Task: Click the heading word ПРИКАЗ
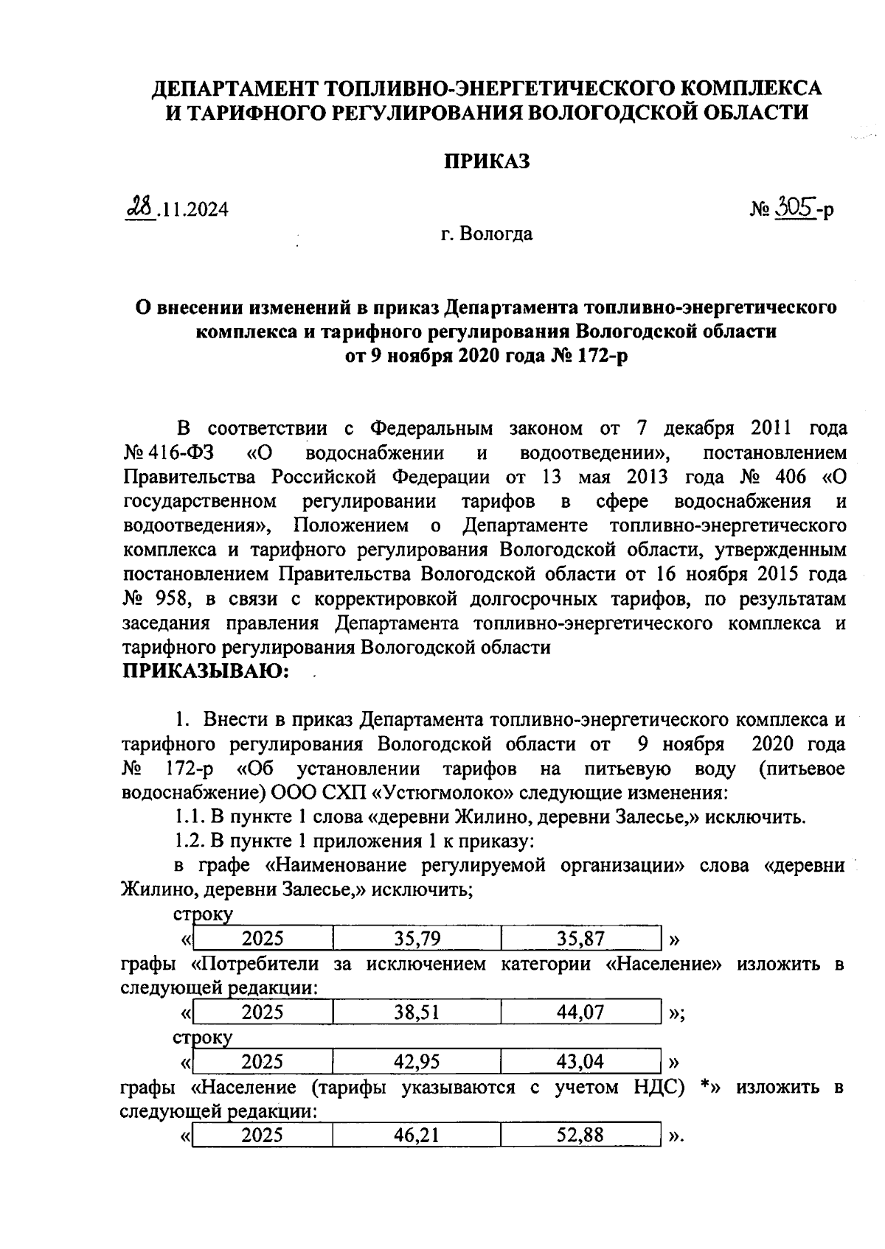[486, 162]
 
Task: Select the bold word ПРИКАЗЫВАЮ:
[206, 671]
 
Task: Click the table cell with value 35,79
[417, 938]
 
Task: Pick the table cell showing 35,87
[580, 938]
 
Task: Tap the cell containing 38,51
[417, 1012]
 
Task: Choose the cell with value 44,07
[580, 1012]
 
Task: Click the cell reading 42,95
[417, 1062]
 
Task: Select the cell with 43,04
[580, 1062]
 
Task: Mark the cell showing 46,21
[417, 1136]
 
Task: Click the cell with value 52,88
[580, 1136]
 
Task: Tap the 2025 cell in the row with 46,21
[263, 1136]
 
